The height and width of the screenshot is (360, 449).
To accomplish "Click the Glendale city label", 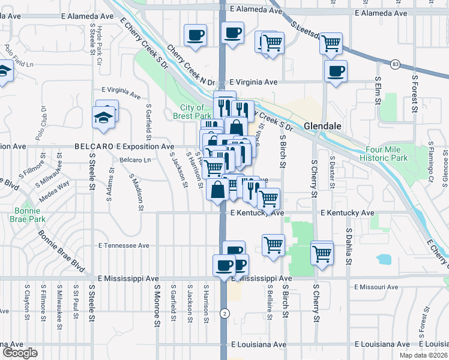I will click(x=322, y=127).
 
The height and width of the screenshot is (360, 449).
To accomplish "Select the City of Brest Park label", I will click(x=192, y=112).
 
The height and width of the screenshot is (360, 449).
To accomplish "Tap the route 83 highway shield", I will click(x=394, y=63).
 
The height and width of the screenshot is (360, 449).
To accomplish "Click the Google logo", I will click(x=20, y=353).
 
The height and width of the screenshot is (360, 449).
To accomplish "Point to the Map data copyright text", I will click(x=423, y=355).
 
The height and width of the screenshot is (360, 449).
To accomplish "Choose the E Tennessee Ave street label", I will click(x=124, y=246).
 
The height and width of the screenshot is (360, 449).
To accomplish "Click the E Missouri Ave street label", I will click(x=376, y=287).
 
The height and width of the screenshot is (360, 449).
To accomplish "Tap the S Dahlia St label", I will click(x=348, y=246).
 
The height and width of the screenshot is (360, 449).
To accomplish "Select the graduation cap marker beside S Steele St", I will click(x=104, y=116).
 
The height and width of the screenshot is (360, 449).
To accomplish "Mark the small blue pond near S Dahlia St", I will click(x=382, y=259).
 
